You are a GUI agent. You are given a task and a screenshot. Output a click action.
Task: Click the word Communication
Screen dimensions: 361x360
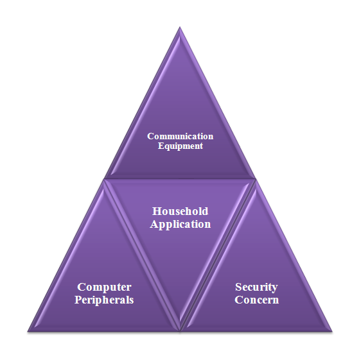point(180,136)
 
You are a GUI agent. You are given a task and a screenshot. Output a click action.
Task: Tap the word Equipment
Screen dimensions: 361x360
point(180,146)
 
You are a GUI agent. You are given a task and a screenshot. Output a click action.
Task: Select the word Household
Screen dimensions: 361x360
point(180,211)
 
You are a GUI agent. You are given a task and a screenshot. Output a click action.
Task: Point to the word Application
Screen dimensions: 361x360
point(180,225)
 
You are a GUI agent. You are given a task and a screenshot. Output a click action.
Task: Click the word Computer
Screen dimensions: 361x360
point(104,287)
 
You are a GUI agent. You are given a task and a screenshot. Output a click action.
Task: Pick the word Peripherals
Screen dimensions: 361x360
point(104,300)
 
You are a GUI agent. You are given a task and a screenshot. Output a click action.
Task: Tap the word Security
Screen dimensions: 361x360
point(256,287)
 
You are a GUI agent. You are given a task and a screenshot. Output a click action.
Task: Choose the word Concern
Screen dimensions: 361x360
point(257,300)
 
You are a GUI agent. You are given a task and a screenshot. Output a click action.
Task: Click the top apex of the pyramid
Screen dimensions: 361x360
point(180,27)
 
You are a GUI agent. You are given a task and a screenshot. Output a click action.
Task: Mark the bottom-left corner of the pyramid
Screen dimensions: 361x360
point(28,332)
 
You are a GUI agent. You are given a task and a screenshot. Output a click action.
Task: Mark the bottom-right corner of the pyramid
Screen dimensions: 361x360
point(332,332)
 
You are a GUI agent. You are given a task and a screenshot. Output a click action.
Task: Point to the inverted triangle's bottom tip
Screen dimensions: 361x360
point(180,330)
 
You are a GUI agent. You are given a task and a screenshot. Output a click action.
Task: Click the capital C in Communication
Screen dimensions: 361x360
point(151,136)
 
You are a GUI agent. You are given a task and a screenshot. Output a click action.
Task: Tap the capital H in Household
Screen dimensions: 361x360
point(157,211)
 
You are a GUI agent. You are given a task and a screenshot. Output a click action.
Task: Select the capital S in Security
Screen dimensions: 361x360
point(239,287)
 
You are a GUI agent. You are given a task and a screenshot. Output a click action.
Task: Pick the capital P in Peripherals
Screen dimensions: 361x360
point(79,300)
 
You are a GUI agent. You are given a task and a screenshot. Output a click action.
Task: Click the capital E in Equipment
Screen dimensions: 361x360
point(161,146)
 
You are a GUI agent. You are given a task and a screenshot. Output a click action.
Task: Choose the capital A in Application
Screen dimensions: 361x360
point(154,224)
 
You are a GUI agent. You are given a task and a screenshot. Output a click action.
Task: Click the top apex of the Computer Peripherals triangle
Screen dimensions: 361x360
point(104,180)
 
